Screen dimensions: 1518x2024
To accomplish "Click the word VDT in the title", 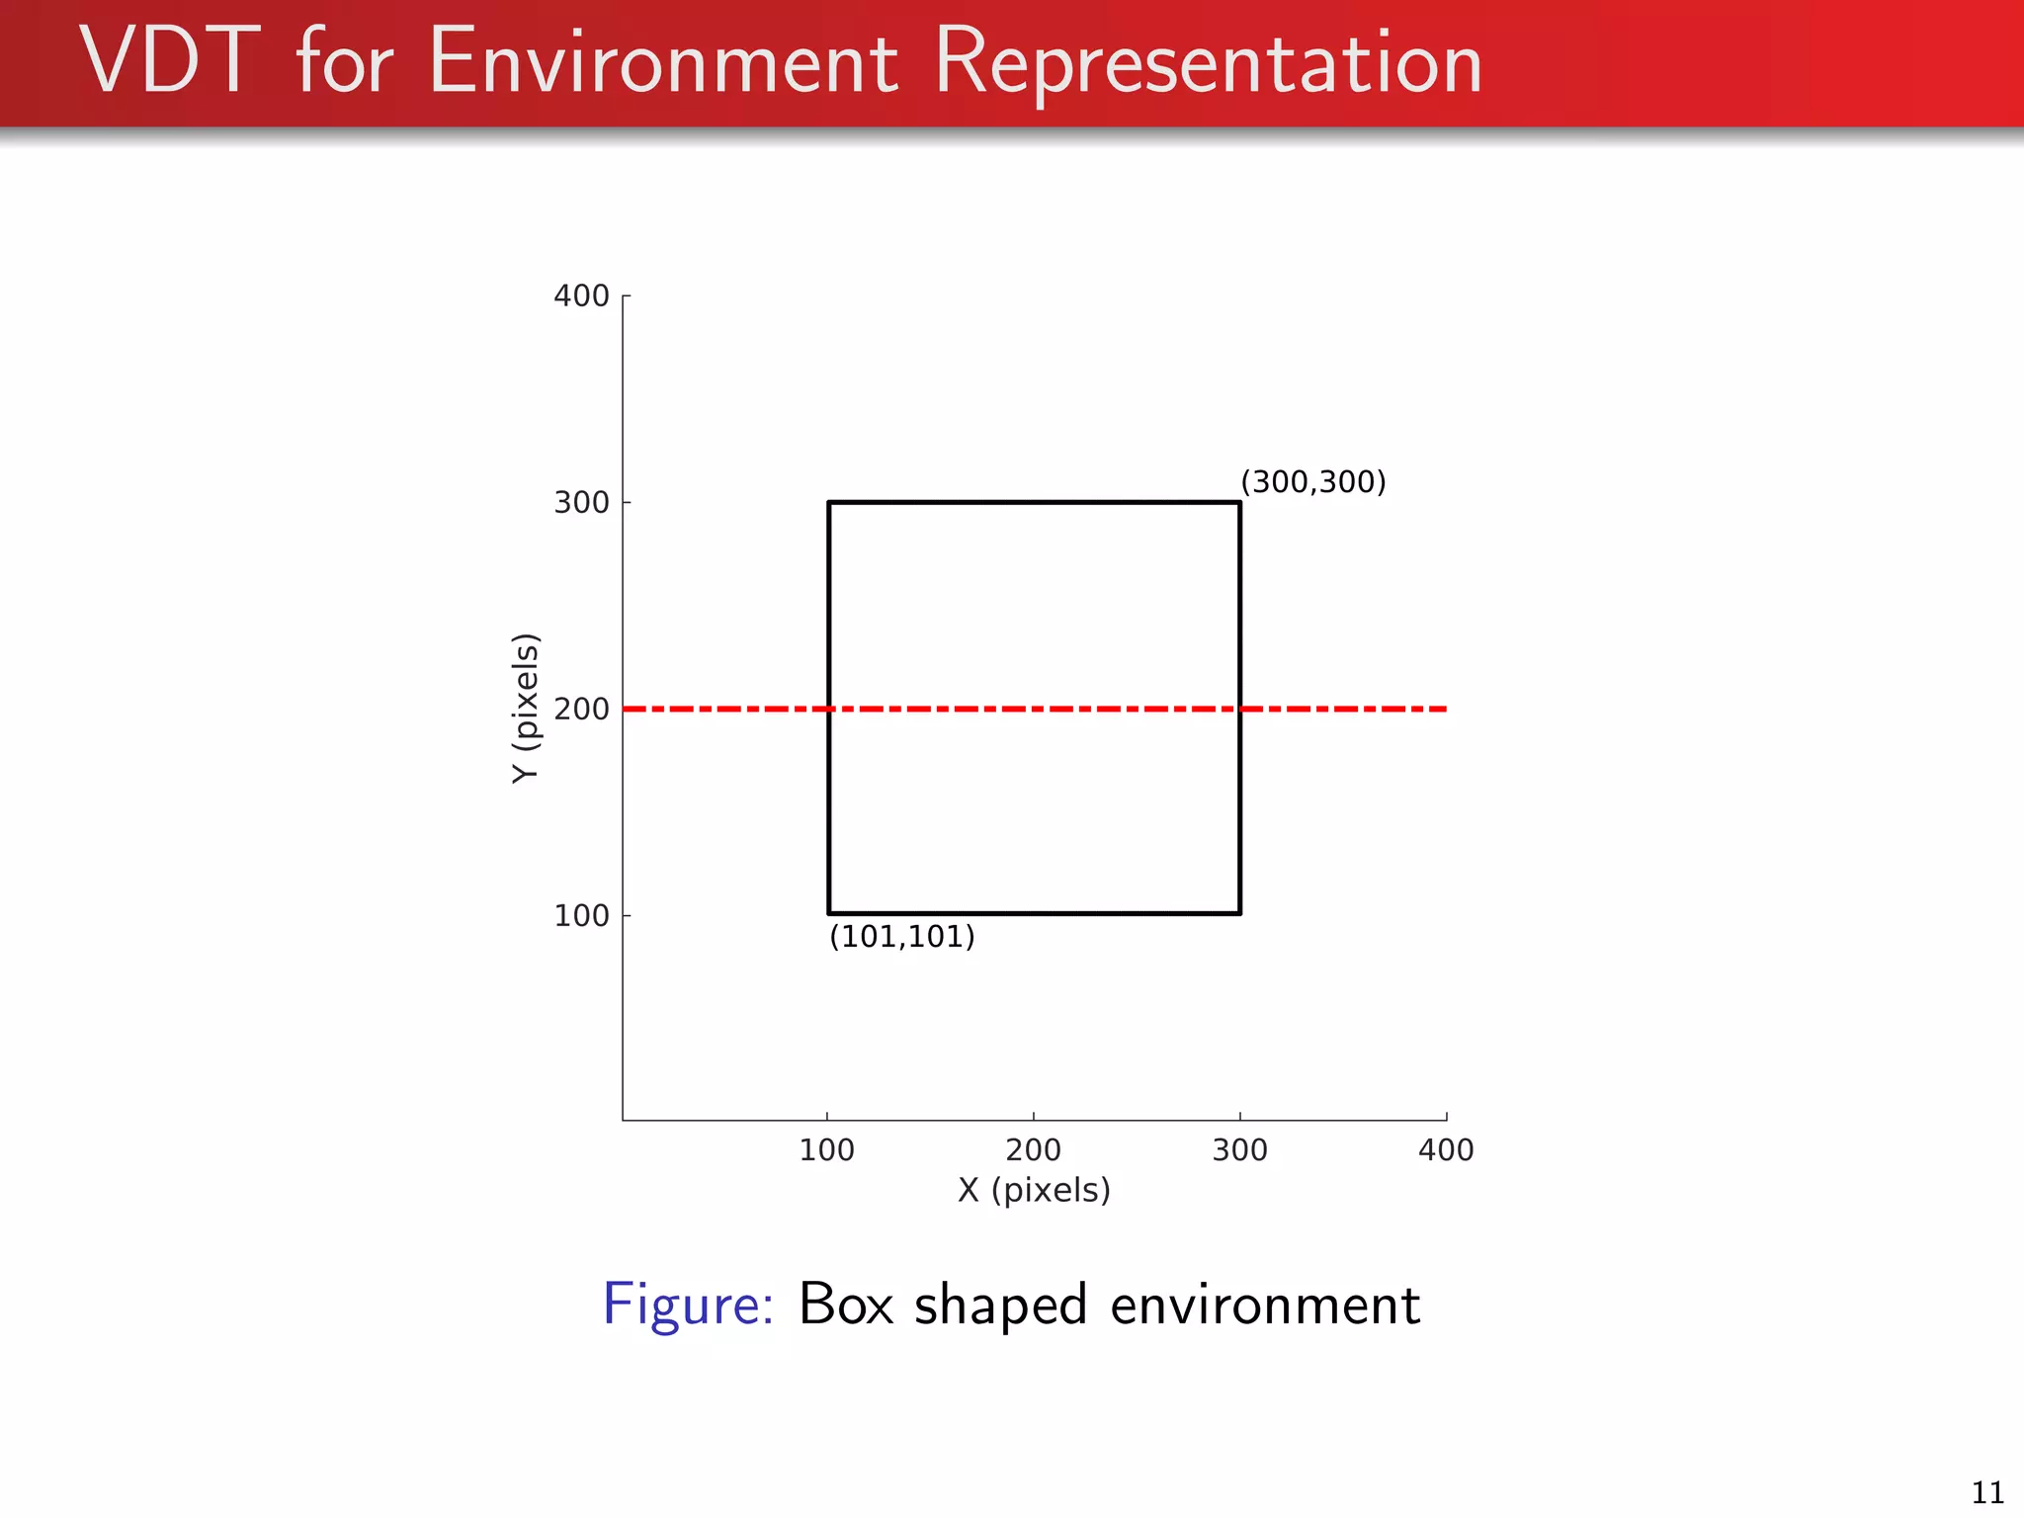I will pyautogui.click(x=170, y=62).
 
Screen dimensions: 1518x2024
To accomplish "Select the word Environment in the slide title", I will pyautogui.click(x=663, y=62).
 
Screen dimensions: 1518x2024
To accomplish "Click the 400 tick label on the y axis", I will pyautogui.click(x=581, y=295).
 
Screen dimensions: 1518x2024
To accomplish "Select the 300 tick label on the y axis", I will pyautogui.click(x=581, y=502).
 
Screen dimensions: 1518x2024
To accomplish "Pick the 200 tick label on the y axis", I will pyautogui.click(x=581, y=709).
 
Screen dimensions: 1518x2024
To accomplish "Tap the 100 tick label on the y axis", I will pyautogui.click(x=581, y=915).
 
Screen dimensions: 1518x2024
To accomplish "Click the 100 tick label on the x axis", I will pyautogui.click(x=827, y=1149).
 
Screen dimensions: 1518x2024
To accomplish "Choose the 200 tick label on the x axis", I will pyautogui.click(x=1034, y=1149).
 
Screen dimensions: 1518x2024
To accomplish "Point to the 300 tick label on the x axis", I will pyautogui.click(x=1240, y=1149).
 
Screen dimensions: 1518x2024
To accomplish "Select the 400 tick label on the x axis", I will pyautogui.click(x=1447, y=1149).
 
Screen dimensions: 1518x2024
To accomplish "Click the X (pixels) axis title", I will pyautogui.click(x=1034, y=1190).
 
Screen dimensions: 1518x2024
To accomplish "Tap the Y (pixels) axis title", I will pyautogui.click(x=526, y=708).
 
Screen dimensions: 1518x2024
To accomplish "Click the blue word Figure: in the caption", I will pyautogui.click(x=688, y=1305).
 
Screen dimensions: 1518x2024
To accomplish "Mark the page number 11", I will pyautogui.click(x=1987, y=1492).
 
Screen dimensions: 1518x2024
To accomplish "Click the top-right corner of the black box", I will pyautogui.click(x=1240, y=502).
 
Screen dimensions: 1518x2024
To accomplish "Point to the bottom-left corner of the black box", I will pyautogui.click(x=829, y=913).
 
